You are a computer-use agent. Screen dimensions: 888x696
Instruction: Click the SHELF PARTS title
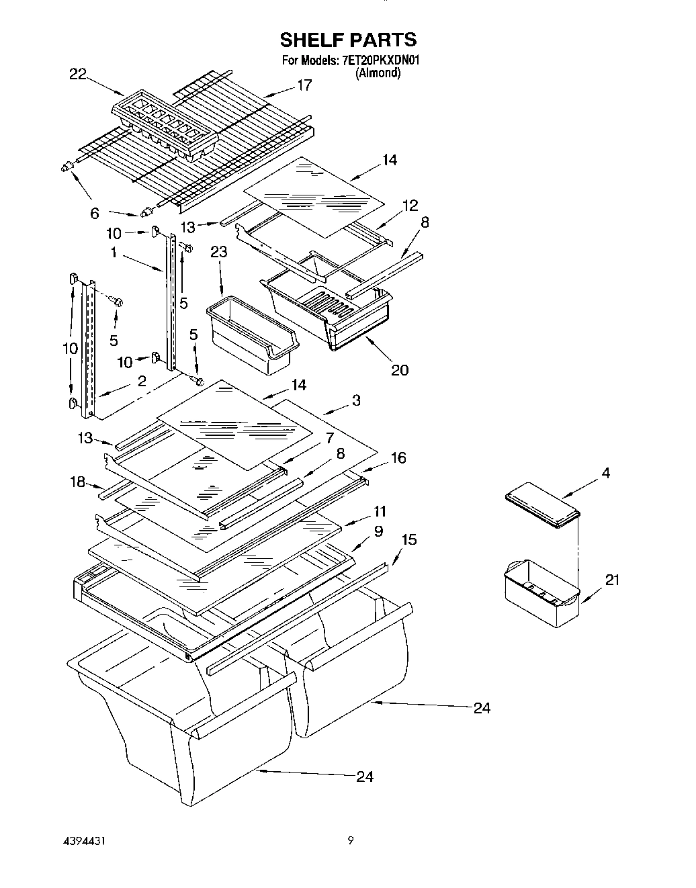(348, 40)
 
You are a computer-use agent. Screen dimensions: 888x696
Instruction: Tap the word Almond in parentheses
(378, 73)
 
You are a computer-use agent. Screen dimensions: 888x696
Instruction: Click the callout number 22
(77, 75)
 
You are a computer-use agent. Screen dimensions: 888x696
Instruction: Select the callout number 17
(304, 85)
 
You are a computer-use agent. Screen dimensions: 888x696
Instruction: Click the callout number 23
(218, 252)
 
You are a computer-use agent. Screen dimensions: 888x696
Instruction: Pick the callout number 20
(399, 369)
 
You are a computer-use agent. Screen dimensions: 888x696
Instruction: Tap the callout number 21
(612, 580)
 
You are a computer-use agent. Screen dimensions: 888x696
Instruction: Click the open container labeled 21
(541, 591)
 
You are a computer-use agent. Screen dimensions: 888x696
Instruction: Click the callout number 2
(142, 382)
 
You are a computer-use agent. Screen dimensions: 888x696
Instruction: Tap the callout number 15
(408, 539)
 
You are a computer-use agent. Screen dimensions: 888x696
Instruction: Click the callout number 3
(355, 400)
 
